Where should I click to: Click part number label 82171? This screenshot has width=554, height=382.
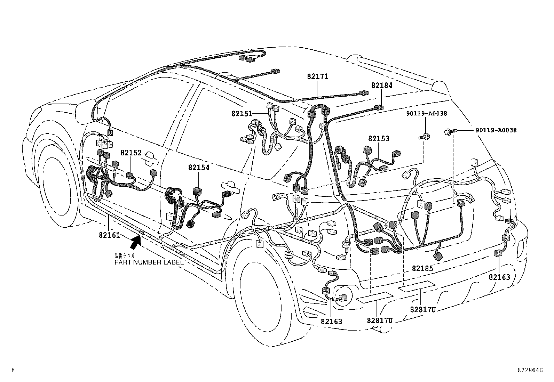(x=317, y=76)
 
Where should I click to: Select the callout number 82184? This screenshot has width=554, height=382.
(x=382, y=86)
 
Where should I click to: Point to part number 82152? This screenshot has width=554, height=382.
(x=131, y=153)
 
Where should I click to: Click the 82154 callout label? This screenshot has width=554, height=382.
(x=199, y=167)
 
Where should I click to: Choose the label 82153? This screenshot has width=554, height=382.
(x=379, y=138)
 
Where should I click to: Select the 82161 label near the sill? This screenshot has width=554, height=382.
(x=109, y=235)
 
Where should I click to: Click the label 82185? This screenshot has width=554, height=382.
(x=422, y=268)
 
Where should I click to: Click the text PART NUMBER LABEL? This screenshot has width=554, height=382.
(x=149, y=262)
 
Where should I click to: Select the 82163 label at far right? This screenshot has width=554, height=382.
(x=499, y=277)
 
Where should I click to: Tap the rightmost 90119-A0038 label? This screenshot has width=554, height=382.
(x=496, y=130)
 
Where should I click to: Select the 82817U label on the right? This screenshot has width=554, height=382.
(x=422, y=309)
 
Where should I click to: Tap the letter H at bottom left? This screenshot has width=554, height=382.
(x=13, y=371)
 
